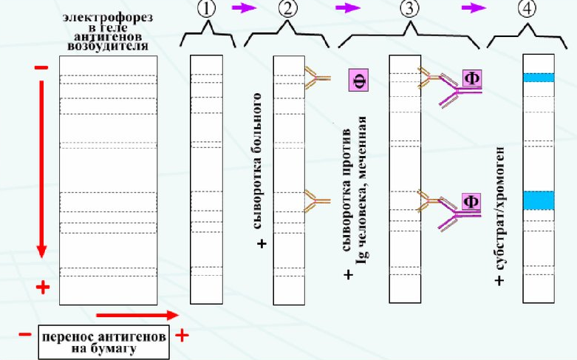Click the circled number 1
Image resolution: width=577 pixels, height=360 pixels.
206,9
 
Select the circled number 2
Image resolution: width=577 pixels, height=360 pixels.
288,9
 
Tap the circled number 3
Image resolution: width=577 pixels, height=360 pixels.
409,9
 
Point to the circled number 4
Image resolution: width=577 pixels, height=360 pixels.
527,9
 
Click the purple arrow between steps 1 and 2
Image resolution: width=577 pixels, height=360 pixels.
244,7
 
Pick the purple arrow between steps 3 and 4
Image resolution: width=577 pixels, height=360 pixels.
474,7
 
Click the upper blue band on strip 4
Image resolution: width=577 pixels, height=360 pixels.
539,78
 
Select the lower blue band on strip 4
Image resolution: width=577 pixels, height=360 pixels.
539,200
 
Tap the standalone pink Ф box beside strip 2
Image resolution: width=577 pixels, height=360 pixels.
358,80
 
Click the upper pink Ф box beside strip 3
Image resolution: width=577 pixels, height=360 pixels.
472,78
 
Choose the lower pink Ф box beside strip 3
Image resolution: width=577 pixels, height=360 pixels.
471,201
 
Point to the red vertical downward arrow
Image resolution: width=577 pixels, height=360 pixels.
41,169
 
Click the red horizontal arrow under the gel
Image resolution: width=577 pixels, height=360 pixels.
137,315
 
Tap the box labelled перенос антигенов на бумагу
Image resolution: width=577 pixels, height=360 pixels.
103,342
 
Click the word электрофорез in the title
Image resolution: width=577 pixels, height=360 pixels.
107,18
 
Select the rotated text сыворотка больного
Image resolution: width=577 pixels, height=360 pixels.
258,161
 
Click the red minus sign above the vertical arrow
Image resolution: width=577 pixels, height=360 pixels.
41,67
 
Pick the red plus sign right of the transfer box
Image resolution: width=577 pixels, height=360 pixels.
182,335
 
